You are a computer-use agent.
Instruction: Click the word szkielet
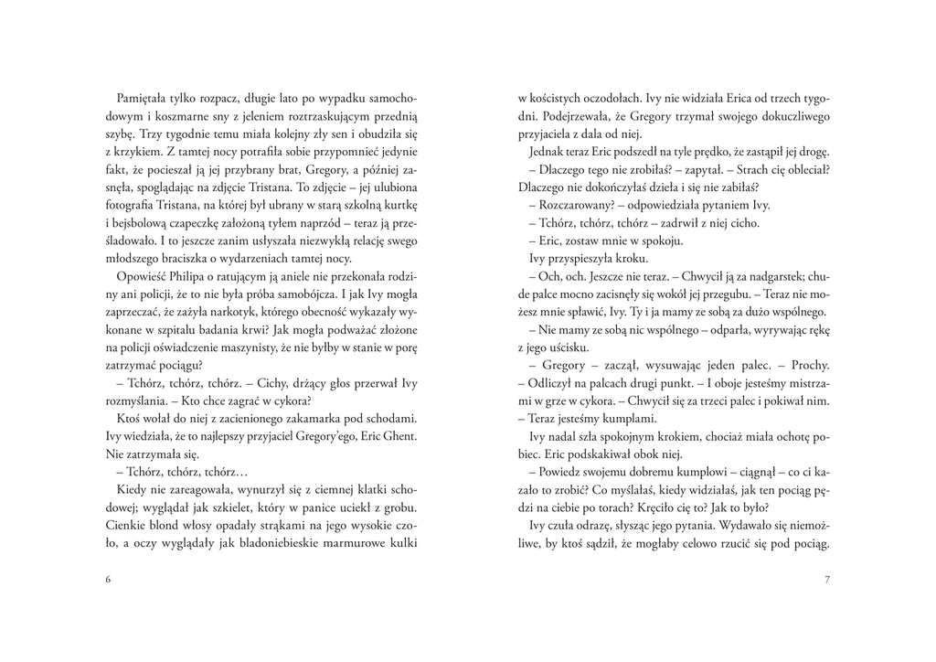pyautogui.click(x=271, y=507)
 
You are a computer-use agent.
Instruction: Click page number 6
pyautogui.click(x=108, y=580)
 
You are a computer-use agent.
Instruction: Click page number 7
pyautogui.click(x=826, y=580)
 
